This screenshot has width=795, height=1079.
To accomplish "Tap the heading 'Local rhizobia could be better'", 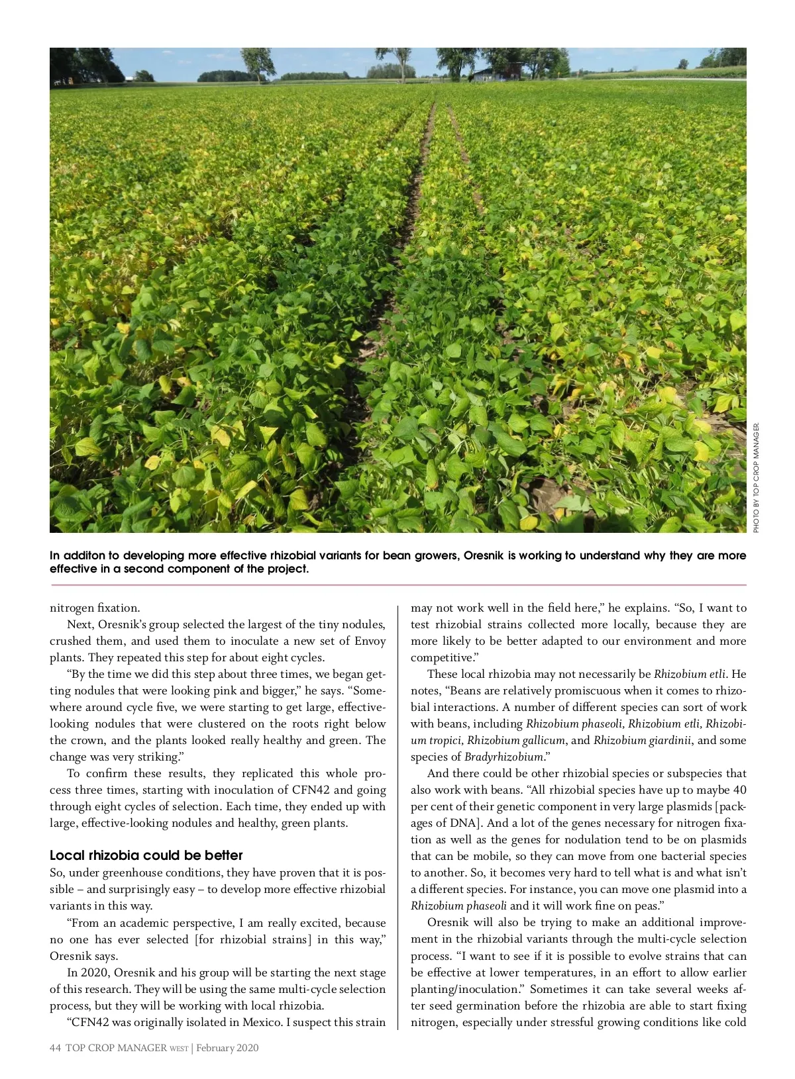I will coord(146,855).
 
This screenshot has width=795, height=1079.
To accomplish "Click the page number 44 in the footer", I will coord(55,1048).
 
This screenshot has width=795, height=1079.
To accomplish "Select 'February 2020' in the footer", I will coord(227,1048).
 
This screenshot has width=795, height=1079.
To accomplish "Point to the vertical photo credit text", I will coord(756,477).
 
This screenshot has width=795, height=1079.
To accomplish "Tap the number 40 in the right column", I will coord(739,790).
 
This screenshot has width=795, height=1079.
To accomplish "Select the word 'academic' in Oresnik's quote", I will coord(150,923).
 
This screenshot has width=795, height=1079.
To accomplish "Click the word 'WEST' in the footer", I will coord(179,1049).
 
